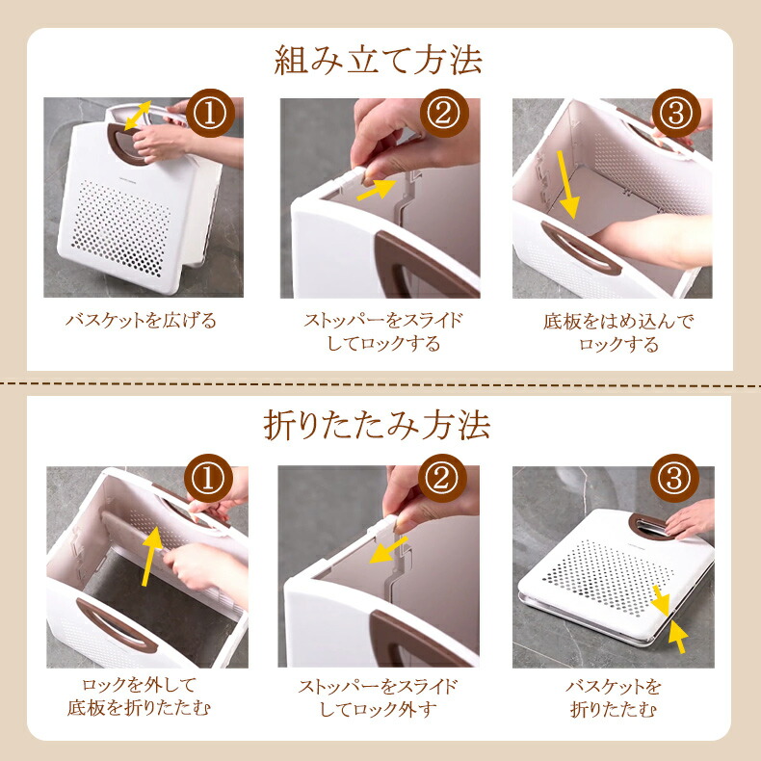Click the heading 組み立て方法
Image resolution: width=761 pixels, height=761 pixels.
[x=378, y=60]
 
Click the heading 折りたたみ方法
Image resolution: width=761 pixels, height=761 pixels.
[x=377, y=425]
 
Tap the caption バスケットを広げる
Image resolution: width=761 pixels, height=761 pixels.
[x=142, y=321]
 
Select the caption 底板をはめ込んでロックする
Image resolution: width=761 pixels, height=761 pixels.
[x=618, y=332]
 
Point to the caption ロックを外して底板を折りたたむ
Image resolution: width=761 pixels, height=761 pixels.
[x=139, y=696]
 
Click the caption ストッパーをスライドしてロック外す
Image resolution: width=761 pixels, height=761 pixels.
[x=378, y=698]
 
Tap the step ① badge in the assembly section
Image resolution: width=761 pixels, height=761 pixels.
[x=210, y=113]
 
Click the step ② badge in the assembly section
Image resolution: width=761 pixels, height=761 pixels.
[x=444, y=113]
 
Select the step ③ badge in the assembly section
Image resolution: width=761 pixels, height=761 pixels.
[x=676, y=113]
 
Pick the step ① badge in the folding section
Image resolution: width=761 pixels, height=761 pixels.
[x=208, y=478]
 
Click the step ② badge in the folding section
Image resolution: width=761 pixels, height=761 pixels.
[x=442, y=478]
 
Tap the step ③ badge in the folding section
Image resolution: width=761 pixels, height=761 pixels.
[x=674, y=478]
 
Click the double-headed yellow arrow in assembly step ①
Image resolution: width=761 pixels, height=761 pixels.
[x=138, y=116]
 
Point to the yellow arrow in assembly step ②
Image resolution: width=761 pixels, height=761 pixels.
[x=377, y=189]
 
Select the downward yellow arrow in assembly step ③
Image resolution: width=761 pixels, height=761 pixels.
[x=567, y=185]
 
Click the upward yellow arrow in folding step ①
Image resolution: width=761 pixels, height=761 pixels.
[x=151, y=556]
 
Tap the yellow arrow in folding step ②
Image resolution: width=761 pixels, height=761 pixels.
[x=389, y=551]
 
